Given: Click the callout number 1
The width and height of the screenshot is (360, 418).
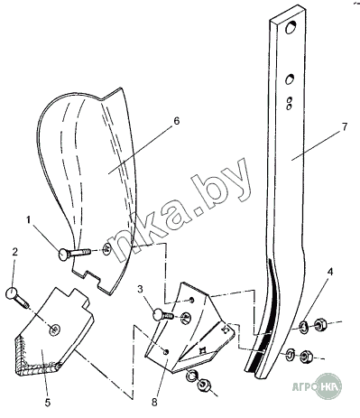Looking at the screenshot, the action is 29,220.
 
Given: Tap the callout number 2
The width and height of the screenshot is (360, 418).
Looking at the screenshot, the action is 14,252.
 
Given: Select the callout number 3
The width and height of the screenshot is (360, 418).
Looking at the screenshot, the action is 140,290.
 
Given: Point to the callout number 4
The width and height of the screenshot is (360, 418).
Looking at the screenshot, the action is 330,273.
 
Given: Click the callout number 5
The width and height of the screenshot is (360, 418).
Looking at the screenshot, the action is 48,403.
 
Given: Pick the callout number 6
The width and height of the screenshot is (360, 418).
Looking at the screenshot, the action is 177,121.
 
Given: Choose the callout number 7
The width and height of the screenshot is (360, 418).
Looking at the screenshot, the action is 345,126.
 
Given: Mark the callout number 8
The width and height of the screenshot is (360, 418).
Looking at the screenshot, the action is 154,403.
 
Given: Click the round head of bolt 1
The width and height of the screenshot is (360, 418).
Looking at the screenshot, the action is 64,255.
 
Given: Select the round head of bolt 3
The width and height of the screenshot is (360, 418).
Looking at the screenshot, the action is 159,316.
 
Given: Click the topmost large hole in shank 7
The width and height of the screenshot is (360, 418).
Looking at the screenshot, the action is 291,28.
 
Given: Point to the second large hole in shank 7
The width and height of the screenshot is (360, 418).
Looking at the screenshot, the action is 290,79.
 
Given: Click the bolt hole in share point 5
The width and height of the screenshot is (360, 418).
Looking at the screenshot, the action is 55,330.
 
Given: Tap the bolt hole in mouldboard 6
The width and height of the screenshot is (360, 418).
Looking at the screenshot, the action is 107,249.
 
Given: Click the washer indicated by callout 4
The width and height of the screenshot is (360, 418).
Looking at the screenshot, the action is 303,326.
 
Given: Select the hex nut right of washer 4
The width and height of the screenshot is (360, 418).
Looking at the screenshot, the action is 319,325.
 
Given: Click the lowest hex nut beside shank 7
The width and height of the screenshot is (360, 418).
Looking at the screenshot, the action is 307,357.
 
